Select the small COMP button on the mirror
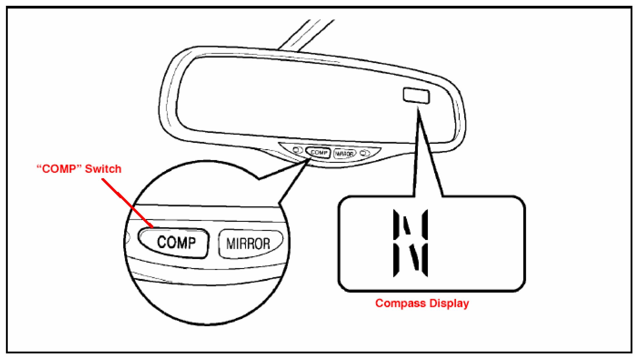click(x=319, y=152)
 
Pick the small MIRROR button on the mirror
click(x=344, y=153)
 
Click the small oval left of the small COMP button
click(x=296, y=150)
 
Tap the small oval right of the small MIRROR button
click(x=365, y=153)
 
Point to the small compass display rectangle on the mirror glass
click(x=416, y=95)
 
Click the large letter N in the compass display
click(x=410, y=243)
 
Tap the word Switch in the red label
click(x=103, y=169)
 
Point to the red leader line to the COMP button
click(x=128, y=203)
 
